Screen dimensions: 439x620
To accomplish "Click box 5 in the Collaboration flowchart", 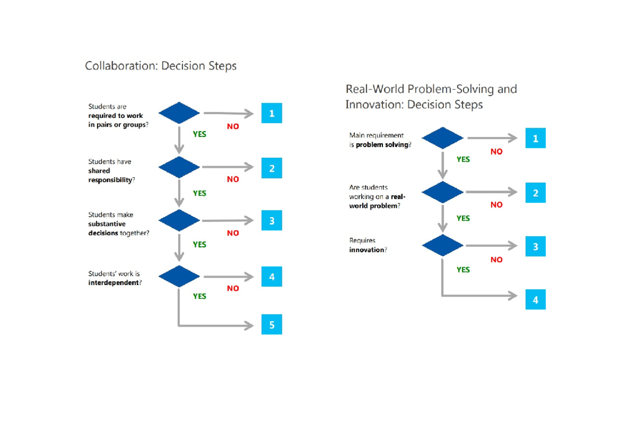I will pos(271,325).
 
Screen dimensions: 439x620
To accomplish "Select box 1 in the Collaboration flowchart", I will pos(271,113).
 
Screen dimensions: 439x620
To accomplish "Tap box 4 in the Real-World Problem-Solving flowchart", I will pos(535,299).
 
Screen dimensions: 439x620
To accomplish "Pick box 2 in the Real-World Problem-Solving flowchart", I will pos(535,193).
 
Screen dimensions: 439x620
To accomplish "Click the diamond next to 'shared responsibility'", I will pos(179,167).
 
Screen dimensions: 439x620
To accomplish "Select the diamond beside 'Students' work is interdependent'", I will pos(179,277).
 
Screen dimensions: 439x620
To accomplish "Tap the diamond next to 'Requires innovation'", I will pos(442,246).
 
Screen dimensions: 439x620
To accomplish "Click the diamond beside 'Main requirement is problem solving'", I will pos(442,138).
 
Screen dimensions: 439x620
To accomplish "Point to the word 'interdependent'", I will pos(113,283).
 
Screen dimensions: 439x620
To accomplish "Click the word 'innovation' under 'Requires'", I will pos(366,250).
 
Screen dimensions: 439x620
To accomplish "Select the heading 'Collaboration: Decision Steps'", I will pos(161,66).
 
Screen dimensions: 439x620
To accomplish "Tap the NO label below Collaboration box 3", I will pos(233,233).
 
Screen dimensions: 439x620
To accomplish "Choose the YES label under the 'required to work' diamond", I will pos(199,134).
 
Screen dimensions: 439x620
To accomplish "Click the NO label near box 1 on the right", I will pos(496,152).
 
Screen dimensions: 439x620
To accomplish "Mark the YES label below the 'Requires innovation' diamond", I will pos(463,269).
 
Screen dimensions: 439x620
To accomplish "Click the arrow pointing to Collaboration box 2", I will pos(227,167).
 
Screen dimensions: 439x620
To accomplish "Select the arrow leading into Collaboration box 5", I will pos(217,325).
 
